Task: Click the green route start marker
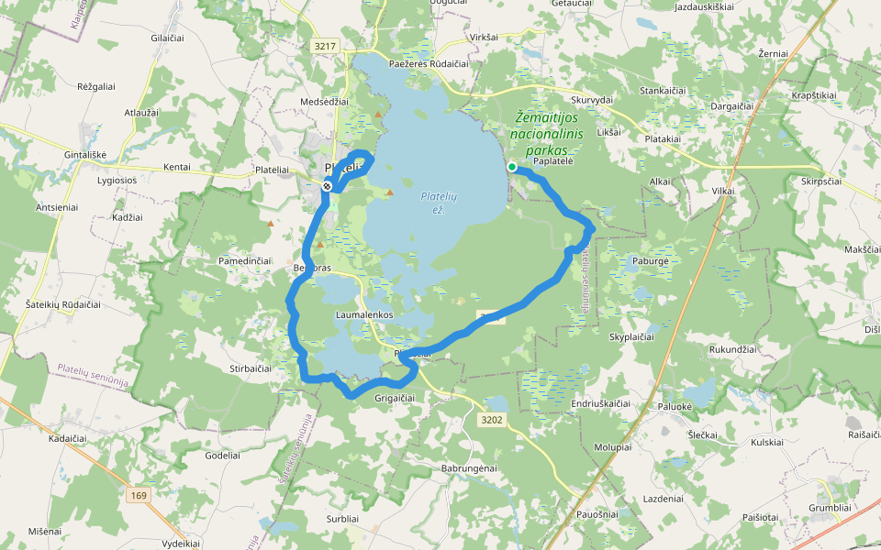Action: click(512, 167)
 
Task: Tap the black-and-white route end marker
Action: click(327, 186)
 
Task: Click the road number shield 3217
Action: click(325, 46)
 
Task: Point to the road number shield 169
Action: click(139, 496)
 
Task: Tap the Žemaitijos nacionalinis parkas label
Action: click(549, 134)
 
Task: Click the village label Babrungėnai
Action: click(469, 468)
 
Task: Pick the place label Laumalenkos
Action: click(364, 314)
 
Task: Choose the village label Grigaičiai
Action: click(395, 398)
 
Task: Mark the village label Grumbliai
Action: click(831, 507)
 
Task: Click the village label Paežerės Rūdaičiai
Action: click(429, 64)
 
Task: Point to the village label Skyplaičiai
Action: click(631, 337)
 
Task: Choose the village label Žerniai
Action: click(774, 54)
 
